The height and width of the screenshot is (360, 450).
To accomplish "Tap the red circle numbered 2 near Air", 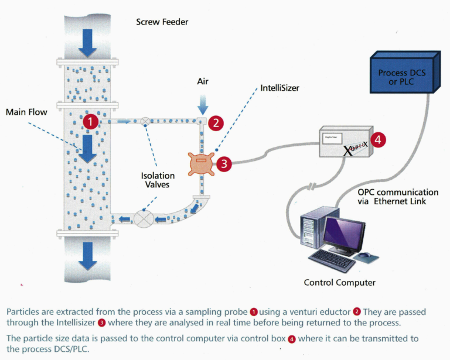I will tap(216, 123).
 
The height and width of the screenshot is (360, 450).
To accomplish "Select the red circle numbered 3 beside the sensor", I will tap(223, 164).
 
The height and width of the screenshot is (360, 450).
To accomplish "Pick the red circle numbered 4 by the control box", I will tap(379, 140).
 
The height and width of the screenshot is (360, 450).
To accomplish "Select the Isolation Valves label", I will tap(158, 180).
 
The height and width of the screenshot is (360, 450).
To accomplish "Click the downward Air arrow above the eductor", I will tap(202, 105).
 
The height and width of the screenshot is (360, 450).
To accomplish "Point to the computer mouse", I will tap(364, 256).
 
